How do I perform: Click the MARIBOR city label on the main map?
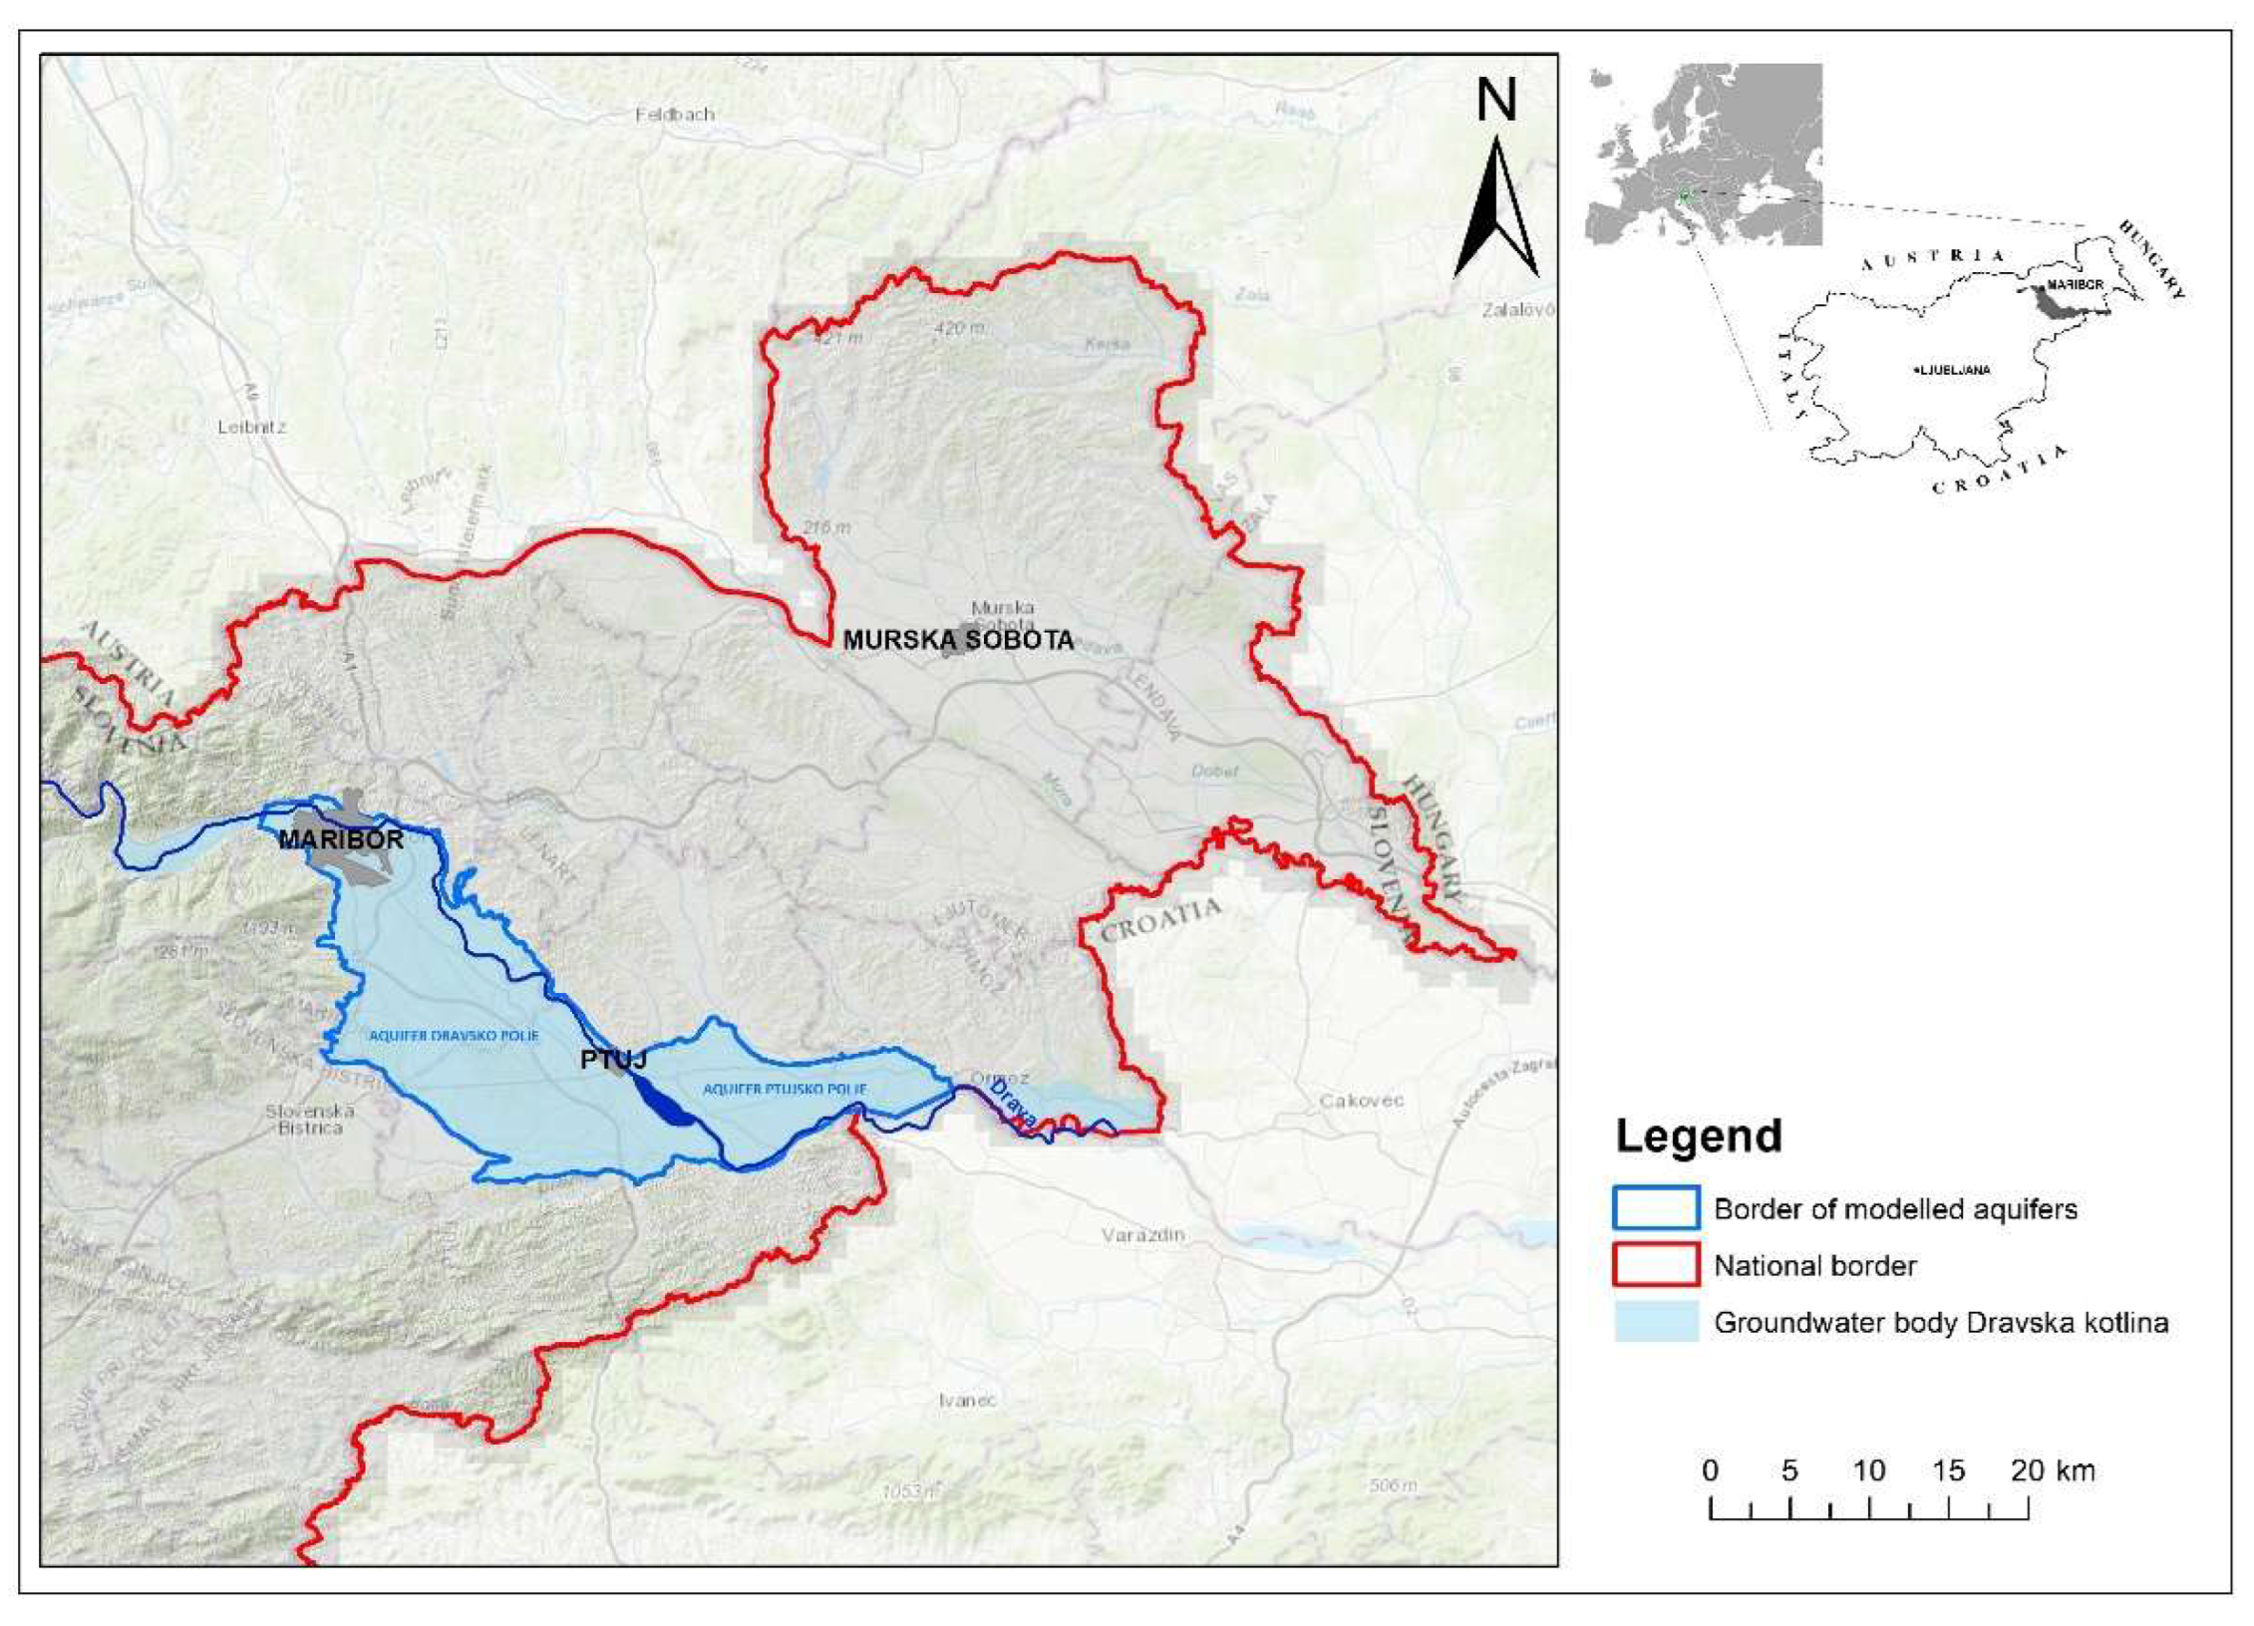341,839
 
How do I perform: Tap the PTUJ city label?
614,1059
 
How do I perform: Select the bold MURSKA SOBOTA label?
958,640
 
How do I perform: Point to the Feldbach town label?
675,115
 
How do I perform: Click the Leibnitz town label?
252,427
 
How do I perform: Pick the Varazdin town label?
1143,1235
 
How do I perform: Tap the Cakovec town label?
1362,1101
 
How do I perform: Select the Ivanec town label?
967,1401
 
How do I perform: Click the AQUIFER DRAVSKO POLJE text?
454,1036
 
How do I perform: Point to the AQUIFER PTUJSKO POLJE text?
785,1090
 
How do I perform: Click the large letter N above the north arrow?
1495,102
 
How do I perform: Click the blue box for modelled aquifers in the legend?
1656,1208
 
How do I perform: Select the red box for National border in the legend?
1656,1265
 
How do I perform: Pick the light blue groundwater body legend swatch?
1656,1322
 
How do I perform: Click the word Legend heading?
1698,1137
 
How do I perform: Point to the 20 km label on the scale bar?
2053,1470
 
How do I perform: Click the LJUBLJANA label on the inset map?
1954,370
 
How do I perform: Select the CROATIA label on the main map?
1160,918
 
